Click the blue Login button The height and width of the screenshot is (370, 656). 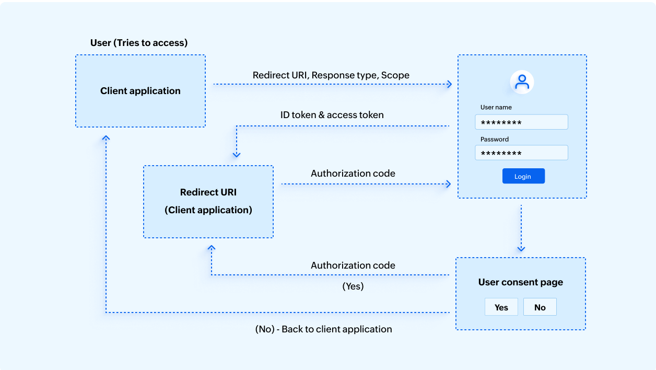coord(523,176)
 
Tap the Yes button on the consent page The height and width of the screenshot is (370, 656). coord(501,307)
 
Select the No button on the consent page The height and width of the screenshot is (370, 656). coord(540,307)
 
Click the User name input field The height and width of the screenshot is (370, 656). coord(521,122)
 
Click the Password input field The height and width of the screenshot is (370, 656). coord(521,153)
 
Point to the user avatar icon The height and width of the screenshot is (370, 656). coord(522,82)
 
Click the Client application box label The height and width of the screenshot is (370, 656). coord(140,91)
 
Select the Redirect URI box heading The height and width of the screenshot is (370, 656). coord(208,192)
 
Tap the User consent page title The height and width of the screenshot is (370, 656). coord(520,282)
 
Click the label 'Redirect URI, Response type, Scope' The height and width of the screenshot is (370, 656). coord(331,75)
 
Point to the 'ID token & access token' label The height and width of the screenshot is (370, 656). coord(332,115)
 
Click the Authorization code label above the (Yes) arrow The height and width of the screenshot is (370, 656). coord(353,265)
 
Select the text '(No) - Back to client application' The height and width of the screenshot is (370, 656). coord(323,329)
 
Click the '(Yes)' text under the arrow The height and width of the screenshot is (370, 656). coord(353,286)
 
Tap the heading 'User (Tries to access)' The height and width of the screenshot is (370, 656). coord(139,43)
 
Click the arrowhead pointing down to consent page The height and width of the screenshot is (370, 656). coord(521,249)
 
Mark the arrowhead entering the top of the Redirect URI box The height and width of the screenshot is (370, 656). coord(236,154)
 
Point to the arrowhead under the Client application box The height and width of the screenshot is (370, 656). coord(106,138)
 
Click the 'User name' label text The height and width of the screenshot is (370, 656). coord(496,107)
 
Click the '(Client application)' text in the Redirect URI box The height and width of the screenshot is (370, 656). coord(208,210)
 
